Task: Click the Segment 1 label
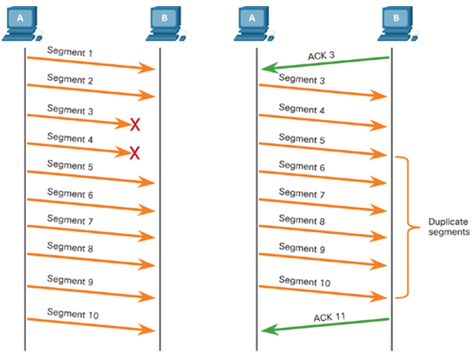[70, 51]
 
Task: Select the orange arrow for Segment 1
[91, 63]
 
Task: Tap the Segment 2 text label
[70, 79]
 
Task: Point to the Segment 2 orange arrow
[91, 90]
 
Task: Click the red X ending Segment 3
[135, 124]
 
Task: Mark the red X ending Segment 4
[135, 153]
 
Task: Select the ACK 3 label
[321, 56]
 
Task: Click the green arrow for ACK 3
[325, 63]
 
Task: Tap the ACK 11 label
[330, 317]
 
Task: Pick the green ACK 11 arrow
[325, 325]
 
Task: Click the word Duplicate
[448, 222]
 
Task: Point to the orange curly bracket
[408, 227]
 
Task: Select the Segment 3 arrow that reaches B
[323, 90]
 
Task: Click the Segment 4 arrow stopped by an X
[79, 150]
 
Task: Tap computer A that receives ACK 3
[255, 23]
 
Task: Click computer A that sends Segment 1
[23, 23]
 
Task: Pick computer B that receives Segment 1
[167, 23]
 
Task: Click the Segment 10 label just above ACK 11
[304, 281]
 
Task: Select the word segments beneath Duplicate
[450, 232]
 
